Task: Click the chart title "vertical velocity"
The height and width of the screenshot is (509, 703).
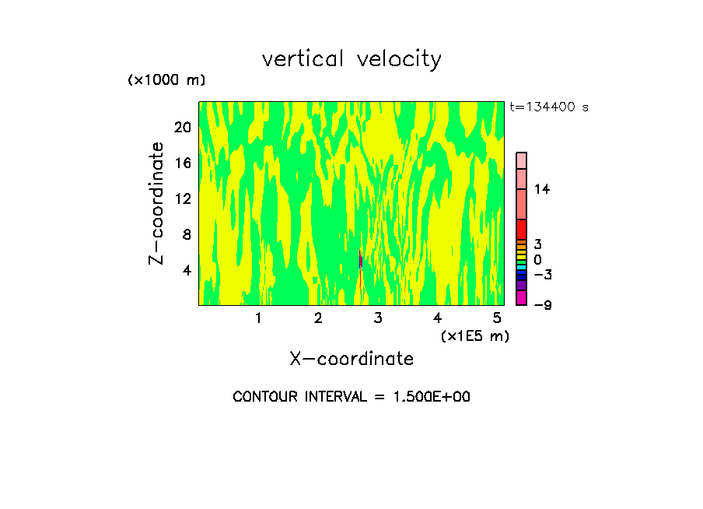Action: click(351, 59)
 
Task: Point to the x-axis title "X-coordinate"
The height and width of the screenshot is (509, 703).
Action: click(351, 359)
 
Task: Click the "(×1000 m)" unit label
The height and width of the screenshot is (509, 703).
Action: click(166, 80)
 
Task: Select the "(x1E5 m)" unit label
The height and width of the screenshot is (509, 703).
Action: click(474, 335)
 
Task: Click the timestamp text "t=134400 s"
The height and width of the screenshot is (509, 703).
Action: click(549, 107)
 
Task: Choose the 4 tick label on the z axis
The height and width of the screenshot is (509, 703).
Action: click(186, 270)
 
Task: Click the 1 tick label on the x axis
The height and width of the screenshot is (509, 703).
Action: click(258, 318)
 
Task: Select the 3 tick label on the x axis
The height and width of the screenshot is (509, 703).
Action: click(377, 318)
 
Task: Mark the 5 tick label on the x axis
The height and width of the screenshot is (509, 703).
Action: click(496, 318)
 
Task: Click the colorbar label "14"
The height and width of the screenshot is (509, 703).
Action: click(542, 189)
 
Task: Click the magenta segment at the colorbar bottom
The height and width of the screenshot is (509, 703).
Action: click(521, 297)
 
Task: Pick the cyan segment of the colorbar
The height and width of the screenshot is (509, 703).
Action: click(521, 267)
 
